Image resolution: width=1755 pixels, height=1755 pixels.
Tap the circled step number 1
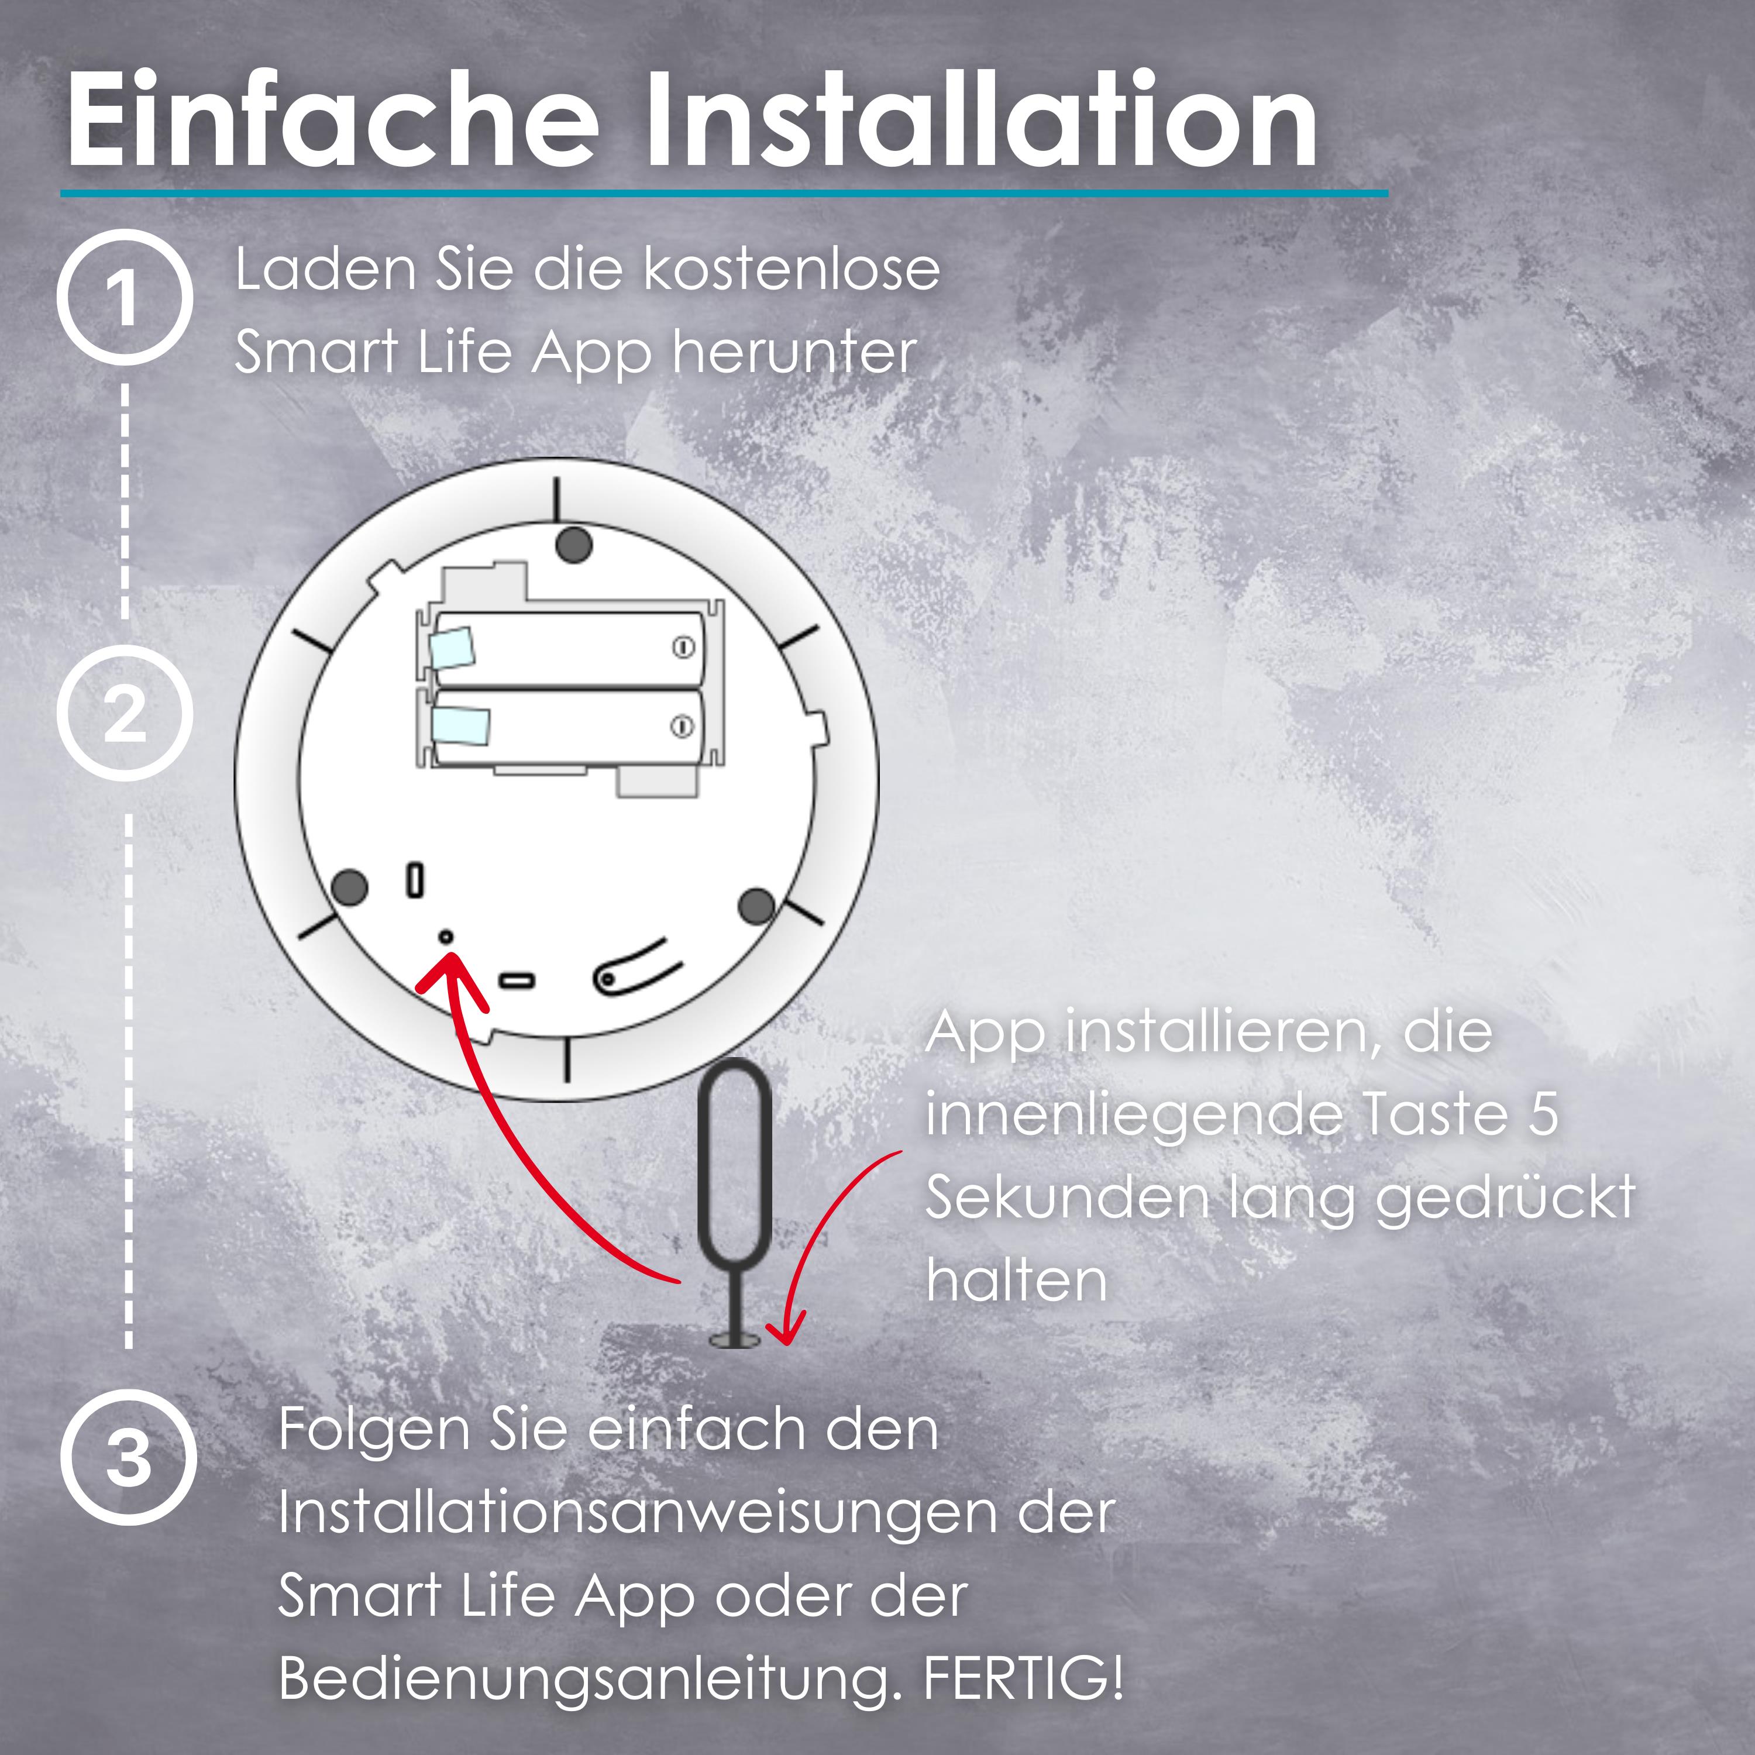(x=125, y=297)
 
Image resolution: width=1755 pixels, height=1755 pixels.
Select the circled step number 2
(x=125, y=713)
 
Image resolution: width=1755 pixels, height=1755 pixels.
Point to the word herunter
(x=794, y=352)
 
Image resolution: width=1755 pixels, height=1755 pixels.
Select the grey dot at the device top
(x=573, y=544)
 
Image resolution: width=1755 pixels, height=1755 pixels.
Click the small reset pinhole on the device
(x=446, y=935)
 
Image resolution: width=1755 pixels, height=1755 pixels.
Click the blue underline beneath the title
(x=725, y=192)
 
